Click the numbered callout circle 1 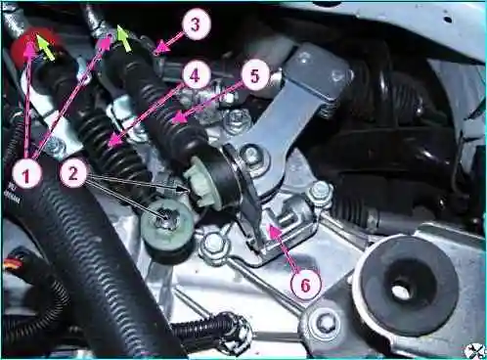[x=26, y=175]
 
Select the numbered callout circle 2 [x=73, y=173]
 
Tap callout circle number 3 [x=195, y=23]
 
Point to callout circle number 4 [x=195, y=75]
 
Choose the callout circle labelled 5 [x=254, y=75]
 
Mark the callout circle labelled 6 [x=305, y=285]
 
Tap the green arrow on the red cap [x=46, y=47]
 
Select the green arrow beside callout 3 [x=124, y=39]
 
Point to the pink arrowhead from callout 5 [x=178, y=117]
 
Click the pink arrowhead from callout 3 [x=163, y=49]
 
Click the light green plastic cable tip [x=198, y=184]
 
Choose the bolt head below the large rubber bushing [x=324, y=322]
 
